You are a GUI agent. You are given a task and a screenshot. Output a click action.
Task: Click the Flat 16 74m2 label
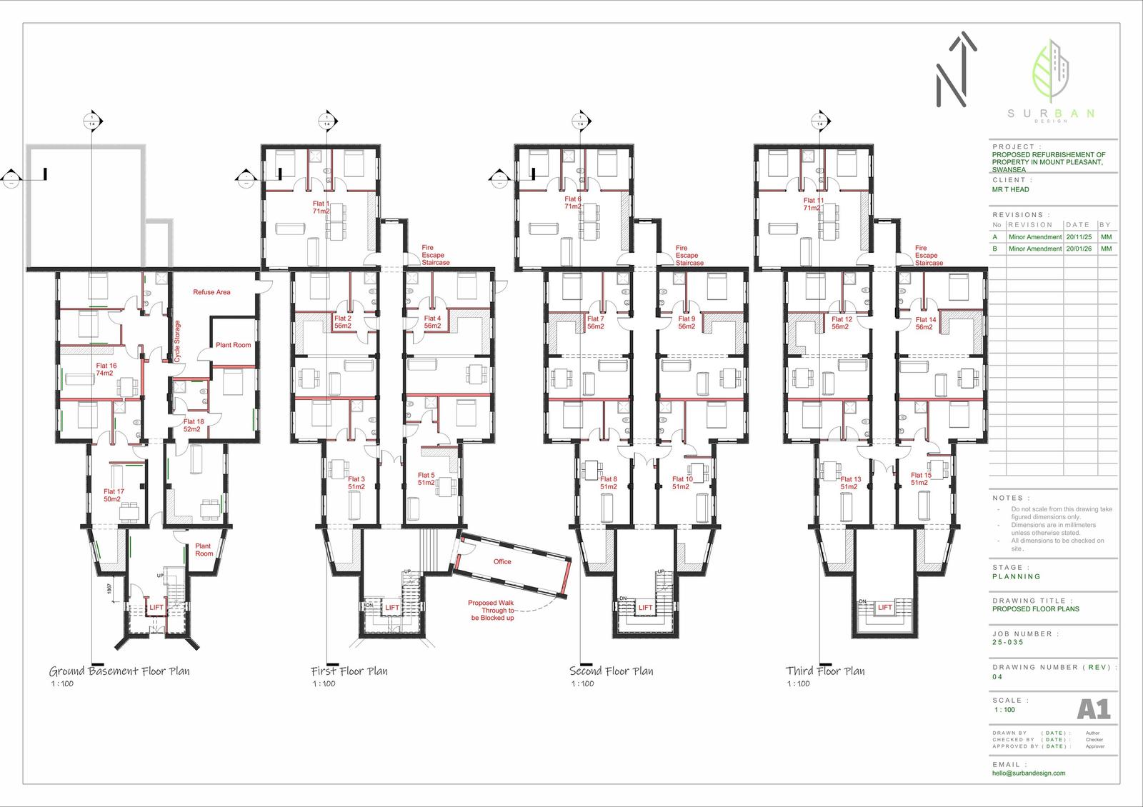pos(106,369)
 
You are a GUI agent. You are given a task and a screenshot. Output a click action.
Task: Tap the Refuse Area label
pos(211,292)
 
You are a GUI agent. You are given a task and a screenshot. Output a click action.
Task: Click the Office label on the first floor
pos(502,561)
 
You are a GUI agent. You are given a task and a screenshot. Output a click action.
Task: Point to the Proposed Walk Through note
pos(491,610)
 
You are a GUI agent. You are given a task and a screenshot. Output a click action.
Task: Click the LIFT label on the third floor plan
pos(884,608)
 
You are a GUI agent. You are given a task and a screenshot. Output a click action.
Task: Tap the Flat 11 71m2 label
pos(813,205)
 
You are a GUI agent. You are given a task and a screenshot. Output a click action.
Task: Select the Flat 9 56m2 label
pos(687,323)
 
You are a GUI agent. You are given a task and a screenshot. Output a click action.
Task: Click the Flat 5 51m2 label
pos(426,478)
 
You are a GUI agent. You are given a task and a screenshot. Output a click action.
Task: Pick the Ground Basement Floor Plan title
pos(119,671)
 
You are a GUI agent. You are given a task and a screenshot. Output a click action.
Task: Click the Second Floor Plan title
pos(611,671)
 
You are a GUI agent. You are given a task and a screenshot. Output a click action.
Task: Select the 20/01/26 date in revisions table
pos(1078,249)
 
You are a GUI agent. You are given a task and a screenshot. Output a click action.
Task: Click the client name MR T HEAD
pos(1010,190)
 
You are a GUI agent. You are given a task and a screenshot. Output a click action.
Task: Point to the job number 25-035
pos(1007,642)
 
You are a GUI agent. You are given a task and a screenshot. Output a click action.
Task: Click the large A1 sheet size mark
pos(1093,709)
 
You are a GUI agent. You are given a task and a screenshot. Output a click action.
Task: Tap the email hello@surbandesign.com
pos(1028,773)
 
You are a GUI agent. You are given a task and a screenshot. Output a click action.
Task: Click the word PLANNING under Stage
pos(1016,576)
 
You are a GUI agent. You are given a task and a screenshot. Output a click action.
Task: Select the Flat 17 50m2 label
pos(114,495)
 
